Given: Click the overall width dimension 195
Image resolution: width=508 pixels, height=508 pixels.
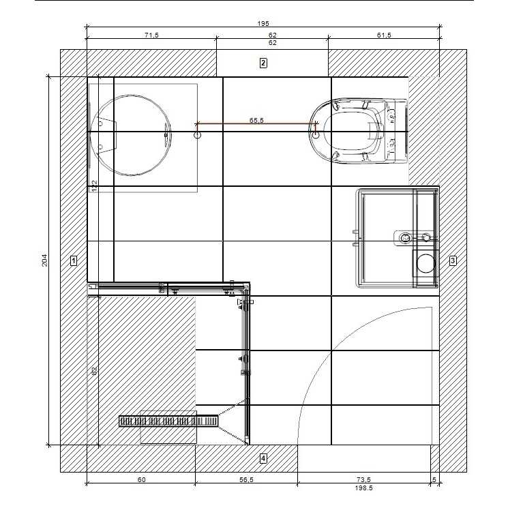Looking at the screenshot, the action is [x=263, y=23].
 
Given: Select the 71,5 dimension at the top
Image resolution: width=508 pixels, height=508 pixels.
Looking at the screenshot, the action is [x=151, y=35].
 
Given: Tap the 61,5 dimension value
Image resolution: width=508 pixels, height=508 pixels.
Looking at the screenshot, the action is [x=384, y=35].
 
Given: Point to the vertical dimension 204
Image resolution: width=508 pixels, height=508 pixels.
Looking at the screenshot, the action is [x=45, y=260].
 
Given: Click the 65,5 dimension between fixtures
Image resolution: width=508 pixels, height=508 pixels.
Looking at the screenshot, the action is [x=256, y=120].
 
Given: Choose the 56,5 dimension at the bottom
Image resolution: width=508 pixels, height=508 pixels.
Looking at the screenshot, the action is [x=246, y=479].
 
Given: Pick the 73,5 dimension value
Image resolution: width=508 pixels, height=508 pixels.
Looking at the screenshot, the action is [x=363, y=479].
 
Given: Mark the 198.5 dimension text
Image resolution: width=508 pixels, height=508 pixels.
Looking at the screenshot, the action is [x=363, y=488].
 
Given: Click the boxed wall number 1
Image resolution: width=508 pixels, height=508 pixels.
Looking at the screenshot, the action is [x=74, y=260].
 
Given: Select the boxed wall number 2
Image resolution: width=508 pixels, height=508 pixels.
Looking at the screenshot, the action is [x=263, y=63].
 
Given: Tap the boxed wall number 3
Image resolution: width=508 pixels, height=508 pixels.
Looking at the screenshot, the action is [x=453, y=260].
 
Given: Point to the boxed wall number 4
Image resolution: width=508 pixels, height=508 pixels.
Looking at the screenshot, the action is [x=263, y=458].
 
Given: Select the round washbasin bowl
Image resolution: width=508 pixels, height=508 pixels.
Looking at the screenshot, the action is [x=131, y=135].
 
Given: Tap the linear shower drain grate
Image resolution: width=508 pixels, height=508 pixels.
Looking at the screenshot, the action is [x=168, y=421].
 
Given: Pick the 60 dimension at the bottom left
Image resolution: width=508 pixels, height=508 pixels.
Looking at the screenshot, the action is [x=142, y=479].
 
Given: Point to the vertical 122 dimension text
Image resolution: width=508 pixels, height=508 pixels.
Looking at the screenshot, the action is [x=94, y=186].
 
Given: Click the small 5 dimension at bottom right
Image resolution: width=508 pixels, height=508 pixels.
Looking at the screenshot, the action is [x=434, y=479].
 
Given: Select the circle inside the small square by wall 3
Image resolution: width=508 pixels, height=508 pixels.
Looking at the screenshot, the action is [x=425, y=263].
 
